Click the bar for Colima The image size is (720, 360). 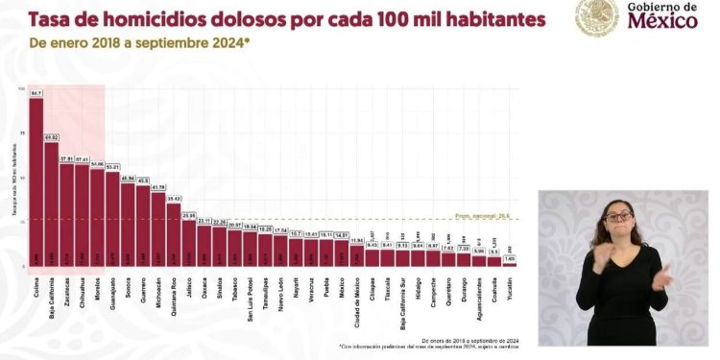(36, 182)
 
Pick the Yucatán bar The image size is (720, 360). (509, 261)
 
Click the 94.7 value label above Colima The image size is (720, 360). (36, 93)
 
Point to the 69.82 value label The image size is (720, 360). (51, 137)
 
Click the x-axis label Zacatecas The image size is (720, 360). (66, 282)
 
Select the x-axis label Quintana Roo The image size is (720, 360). (174, 286)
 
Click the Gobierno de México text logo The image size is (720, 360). (662, 16)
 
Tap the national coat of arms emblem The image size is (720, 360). (597, 16)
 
